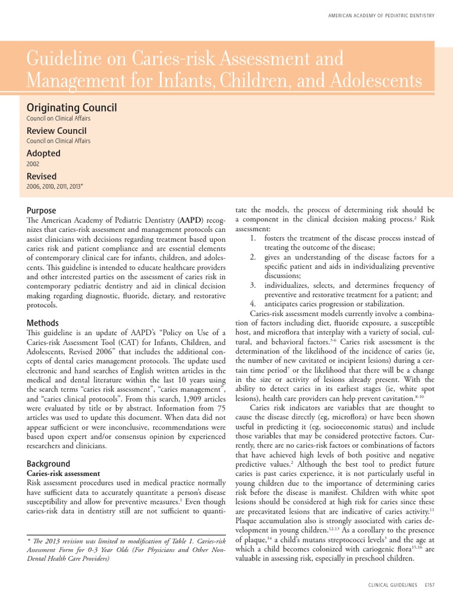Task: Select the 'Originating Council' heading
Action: (x=71, y=107)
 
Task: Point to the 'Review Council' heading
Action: (x=56, y=130)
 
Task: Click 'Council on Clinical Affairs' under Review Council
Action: (x=58, y=141)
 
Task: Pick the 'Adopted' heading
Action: (x=43, y=153)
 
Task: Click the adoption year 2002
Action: (x=33, y=164)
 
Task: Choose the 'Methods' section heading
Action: (x=42, y=323)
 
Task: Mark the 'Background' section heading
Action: (x=48, y=464)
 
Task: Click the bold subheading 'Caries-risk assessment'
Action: (x=64, y=474)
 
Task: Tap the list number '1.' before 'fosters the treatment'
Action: (x=252, y=238)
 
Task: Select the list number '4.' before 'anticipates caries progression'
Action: (x=252, y=304)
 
